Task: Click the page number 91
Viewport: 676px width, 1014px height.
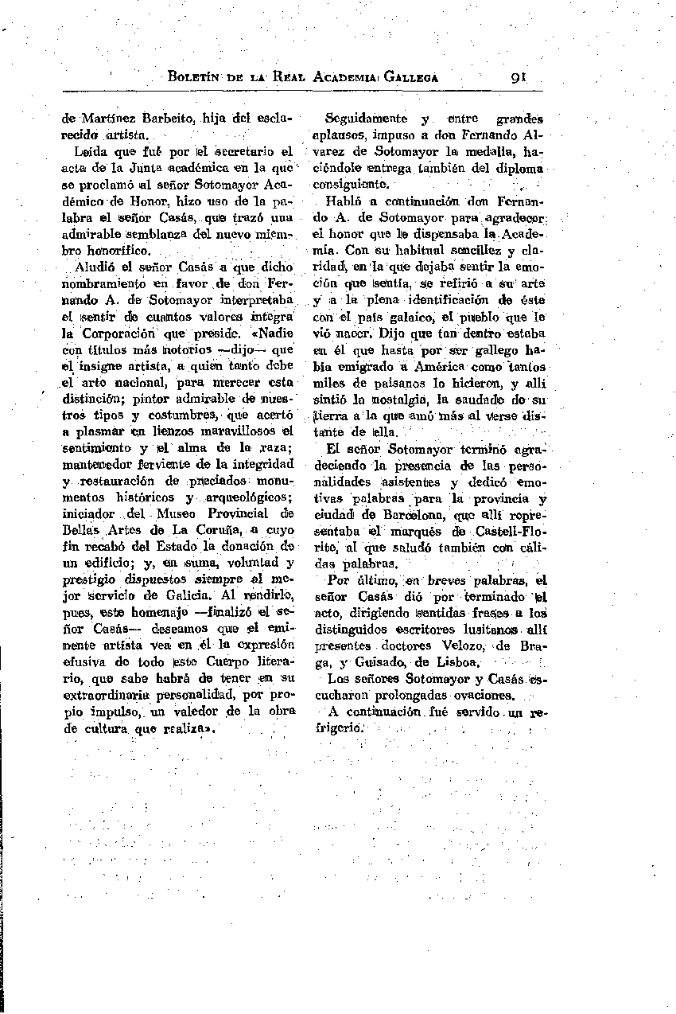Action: click(x=522, y=78)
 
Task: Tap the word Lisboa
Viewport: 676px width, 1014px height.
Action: click(x=456, y=661)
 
